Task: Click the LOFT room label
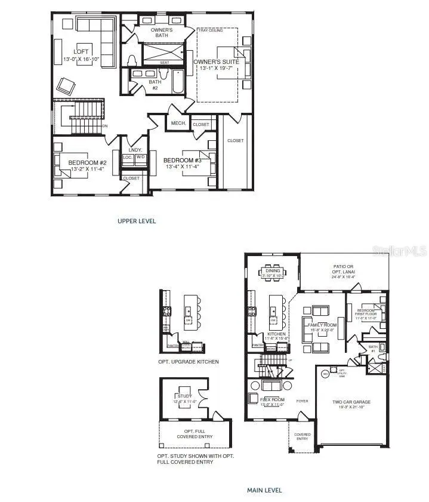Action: (81, 51)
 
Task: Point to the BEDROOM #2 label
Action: (87, 163)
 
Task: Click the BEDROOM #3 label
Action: (183, 160)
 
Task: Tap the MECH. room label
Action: (179, 124)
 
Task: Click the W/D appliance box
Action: (141, 158)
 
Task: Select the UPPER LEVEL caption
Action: (137, 221)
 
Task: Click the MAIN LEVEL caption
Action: (264, 491)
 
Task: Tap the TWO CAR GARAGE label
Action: (351, 402)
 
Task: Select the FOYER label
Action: (303, 401)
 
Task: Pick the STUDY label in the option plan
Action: (184, 396)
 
